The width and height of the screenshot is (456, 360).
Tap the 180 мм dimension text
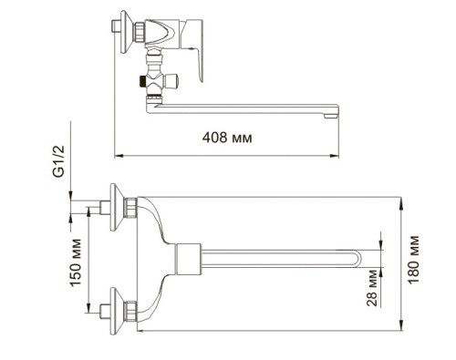click(414, 256)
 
